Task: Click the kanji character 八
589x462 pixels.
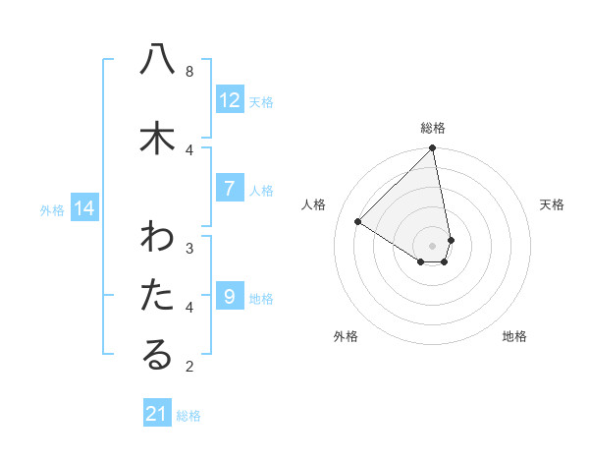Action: tap(157, 60)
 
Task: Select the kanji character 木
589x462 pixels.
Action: tap(157, 138)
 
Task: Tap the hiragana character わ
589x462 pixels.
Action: tap(157, 238)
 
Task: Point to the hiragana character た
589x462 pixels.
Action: tap(157, 296)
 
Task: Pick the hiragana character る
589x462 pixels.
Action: tap(157, 356)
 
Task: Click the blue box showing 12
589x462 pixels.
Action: tap(230, 99)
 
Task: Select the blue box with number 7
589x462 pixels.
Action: tap(229, 188)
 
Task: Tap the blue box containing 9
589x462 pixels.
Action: tap(229, 296)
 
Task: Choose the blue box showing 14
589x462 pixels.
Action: tap(84, 208)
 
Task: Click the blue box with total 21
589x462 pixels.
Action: tap(158, 414)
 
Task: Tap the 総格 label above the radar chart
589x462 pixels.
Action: tap(433, 128)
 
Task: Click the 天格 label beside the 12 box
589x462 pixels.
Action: tap(260, 101)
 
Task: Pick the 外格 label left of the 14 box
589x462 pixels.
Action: tap(52, 209)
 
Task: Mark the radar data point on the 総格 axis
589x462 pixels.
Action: tap(433, 149)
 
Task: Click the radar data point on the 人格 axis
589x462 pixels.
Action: tap(358, 222)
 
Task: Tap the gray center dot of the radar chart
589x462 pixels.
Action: tap(433, 245)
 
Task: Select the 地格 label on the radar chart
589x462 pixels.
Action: tap(514, 336)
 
